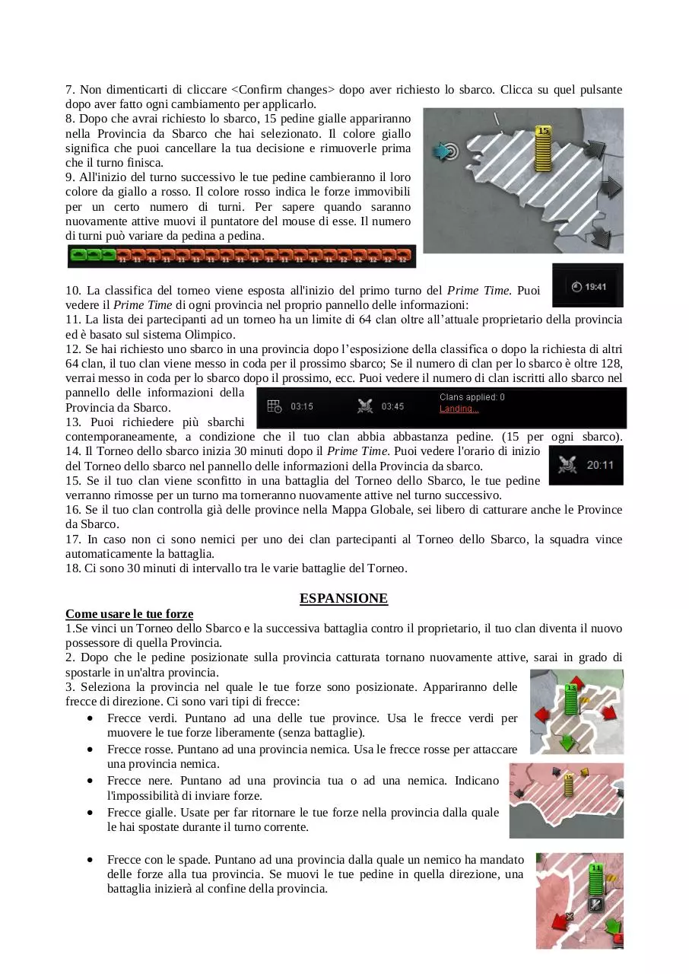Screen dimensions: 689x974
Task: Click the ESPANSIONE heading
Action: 343,598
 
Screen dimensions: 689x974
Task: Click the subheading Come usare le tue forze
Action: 129,613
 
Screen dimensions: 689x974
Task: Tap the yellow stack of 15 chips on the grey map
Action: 543,148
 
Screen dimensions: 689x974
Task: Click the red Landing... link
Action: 459,409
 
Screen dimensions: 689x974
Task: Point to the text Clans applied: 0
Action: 472,397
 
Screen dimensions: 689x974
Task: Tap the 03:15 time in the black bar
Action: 301,406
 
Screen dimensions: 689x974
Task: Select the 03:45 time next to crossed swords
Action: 392,406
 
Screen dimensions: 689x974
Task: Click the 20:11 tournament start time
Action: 600,465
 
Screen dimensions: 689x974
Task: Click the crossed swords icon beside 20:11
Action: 567,465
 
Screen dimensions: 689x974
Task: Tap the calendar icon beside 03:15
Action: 274,406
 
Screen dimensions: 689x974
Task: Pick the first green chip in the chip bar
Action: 78,254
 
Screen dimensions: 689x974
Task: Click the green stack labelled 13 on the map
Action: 570,699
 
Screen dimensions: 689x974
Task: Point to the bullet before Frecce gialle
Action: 90,812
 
